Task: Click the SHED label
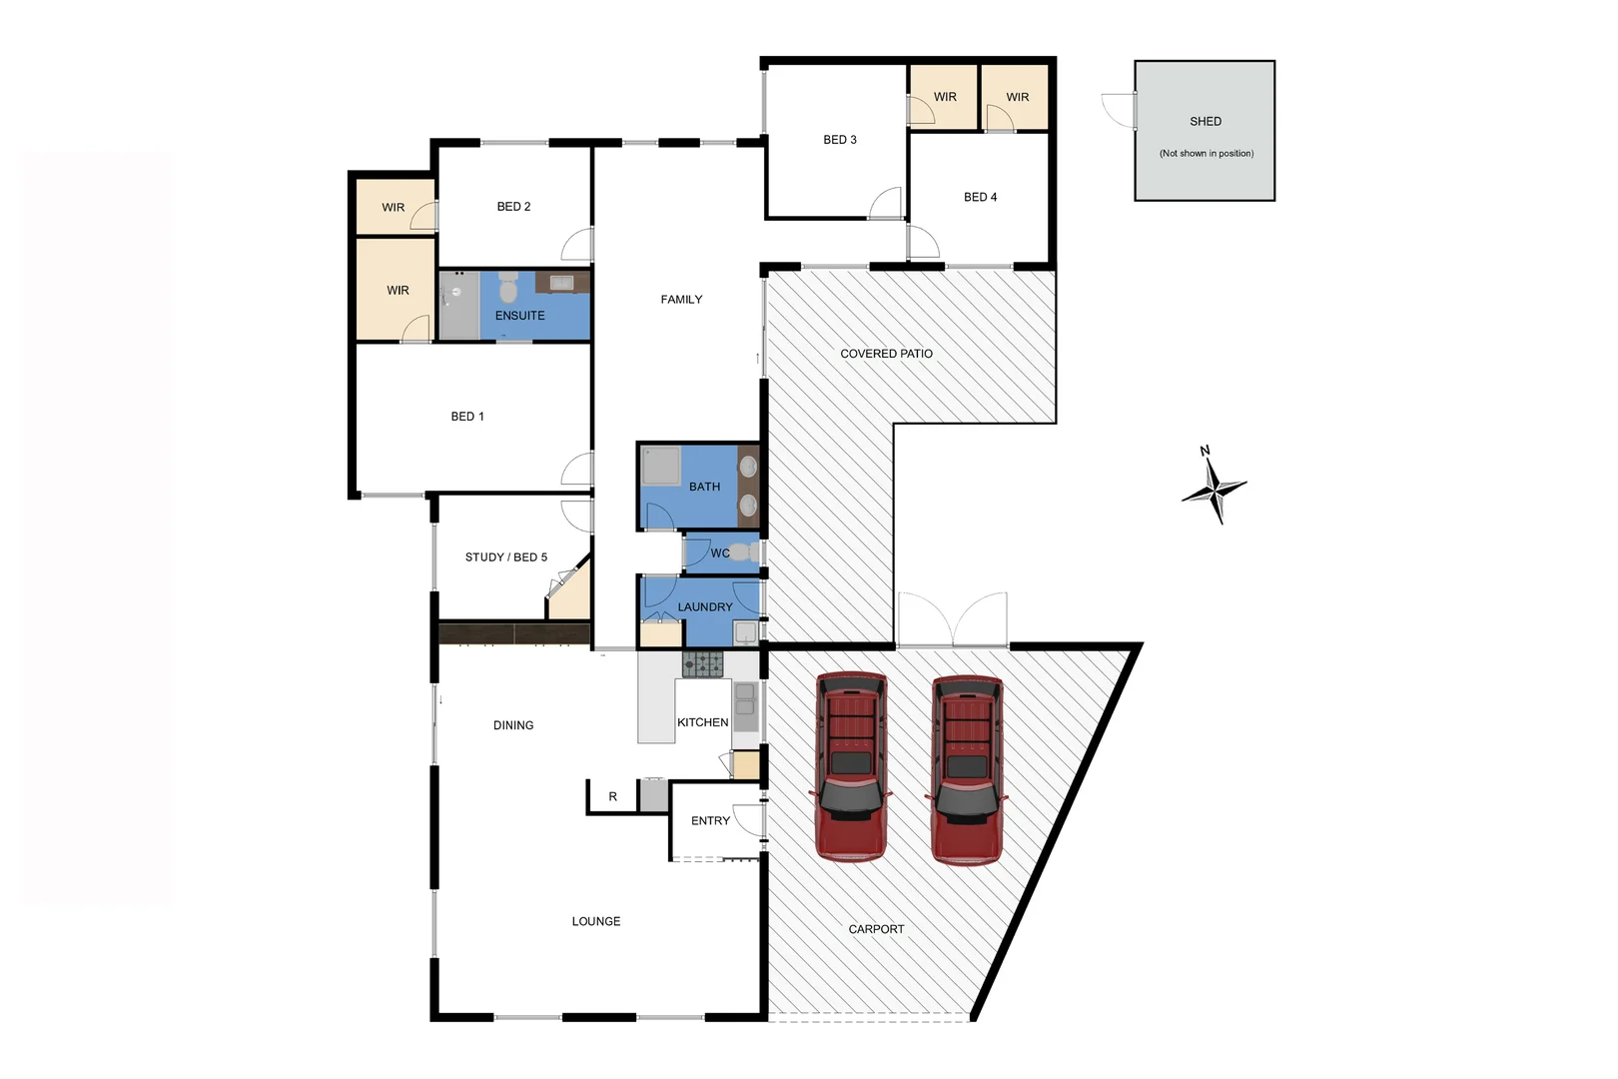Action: (x=1205, y=121)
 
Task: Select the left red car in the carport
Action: (x=851, y=766)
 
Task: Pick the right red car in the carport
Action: (x=967, y=768)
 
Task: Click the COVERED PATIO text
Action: (x=886, y=354)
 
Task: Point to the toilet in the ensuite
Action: (x=508, y=289)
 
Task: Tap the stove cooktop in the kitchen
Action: (x=702, y=663)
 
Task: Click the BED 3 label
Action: (x=839, y=140)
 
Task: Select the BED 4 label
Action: (x=980, y=197)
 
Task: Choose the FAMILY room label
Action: (x=681, y=300)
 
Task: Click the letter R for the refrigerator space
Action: (x=612, y=797)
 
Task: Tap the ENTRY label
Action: (x=710, y=821)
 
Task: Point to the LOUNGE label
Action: (x=595, y=921)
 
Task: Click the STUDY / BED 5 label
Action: (x=505, y=557)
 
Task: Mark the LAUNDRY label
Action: (x=704, y=607)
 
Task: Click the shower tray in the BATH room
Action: (x=660, y=466)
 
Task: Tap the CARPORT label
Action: (x=876, y=929)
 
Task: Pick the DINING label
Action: (x=513, y=725)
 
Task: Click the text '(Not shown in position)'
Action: (x=1206, y=154)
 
